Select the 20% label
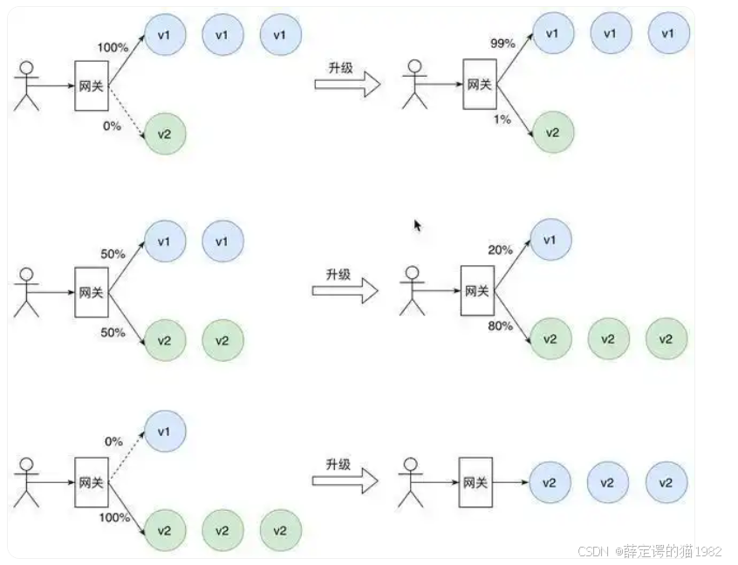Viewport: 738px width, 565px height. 500,249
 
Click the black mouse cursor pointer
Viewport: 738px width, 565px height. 418,225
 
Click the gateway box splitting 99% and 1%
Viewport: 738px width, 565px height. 480,85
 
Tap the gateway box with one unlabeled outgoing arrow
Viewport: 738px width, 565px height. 475,482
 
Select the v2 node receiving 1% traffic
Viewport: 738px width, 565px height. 552,133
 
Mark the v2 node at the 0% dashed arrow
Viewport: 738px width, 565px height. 165,134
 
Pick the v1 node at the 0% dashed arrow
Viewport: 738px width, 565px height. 165,432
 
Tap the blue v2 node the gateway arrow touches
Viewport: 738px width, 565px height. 550,482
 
